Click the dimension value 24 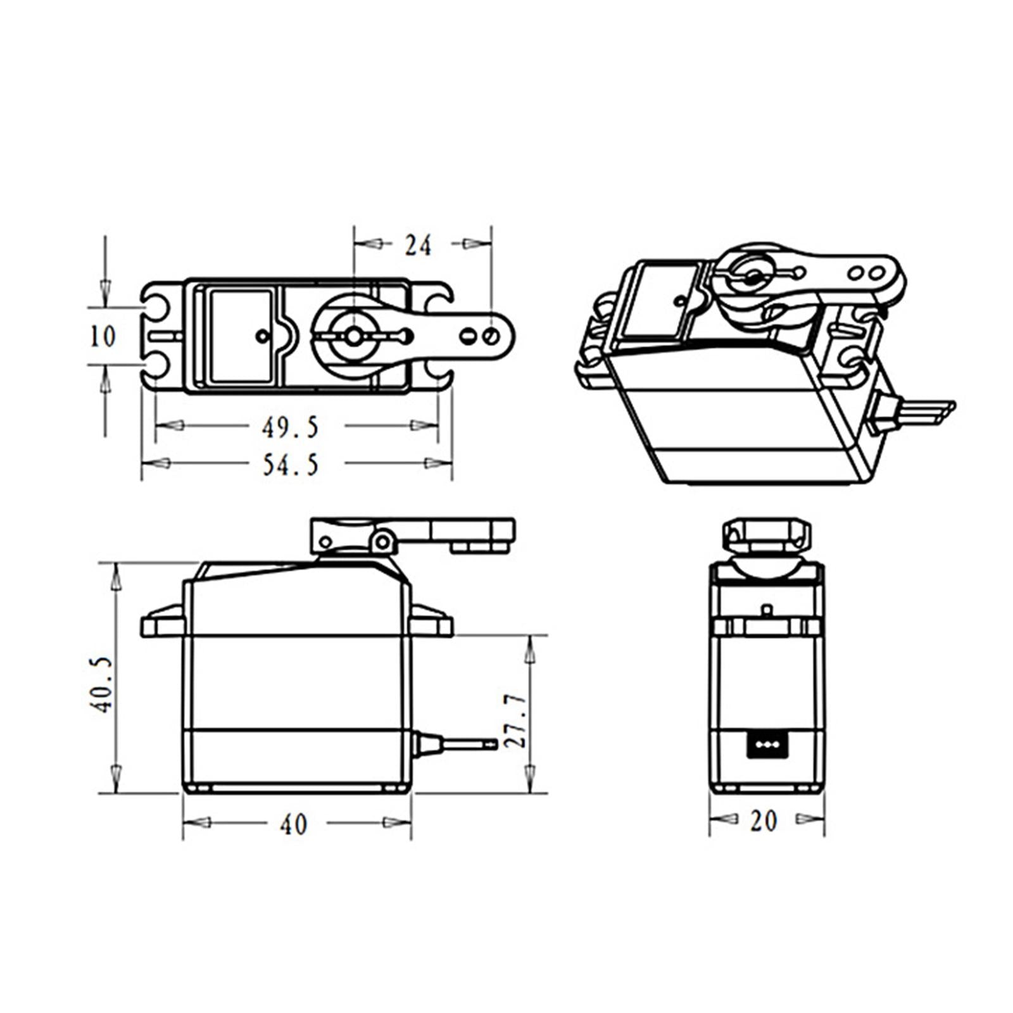(418, 246)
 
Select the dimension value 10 (103, 336)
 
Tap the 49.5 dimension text (291, 428)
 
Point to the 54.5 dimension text (291, 466)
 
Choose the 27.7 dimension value (516, 720)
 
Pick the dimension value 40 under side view (294, 824)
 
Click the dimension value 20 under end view (764, 821)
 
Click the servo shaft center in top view (353, 336)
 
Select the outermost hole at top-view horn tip (491, 336)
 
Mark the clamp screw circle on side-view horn (382, 541)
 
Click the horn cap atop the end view (767, 535)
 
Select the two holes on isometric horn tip (866, 274)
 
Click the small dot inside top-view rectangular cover (261, 336)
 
